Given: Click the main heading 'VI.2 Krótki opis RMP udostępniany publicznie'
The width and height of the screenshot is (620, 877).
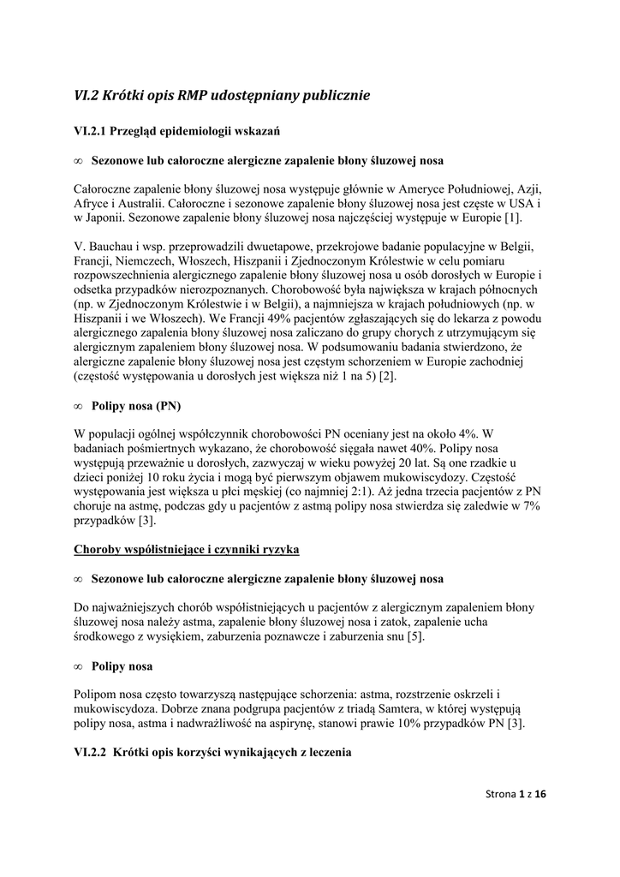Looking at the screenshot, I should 222,95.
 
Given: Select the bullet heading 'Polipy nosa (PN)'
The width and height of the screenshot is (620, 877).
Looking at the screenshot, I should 136,405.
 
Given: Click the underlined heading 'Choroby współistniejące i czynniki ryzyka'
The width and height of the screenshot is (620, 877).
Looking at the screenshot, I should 187,549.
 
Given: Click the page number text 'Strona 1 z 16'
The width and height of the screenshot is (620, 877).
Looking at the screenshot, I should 510,796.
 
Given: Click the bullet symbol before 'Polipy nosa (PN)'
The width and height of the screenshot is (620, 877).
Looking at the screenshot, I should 78,405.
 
